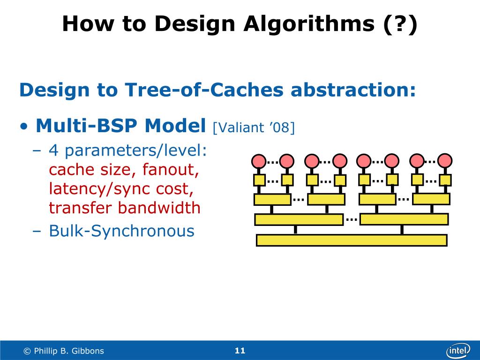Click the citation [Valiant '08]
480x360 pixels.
(254, 127)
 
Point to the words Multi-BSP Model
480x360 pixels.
(121, 126)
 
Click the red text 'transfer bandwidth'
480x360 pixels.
(125, 208)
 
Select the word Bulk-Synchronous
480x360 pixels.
(121, 231)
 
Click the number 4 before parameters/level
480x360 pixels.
(54, 151)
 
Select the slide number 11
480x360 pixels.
(240, 351)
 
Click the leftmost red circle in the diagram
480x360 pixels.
(259, 161)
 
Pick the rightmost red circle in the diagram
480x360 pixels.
(445, 161)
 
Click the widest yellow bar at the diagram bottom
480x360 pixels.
(352, 240)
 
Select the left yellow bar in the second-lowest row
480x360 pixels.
(299, 219)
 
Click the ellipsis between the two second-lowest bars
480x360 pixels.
(352, 218)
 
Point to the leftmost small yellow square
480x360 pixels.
(259, 180)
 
